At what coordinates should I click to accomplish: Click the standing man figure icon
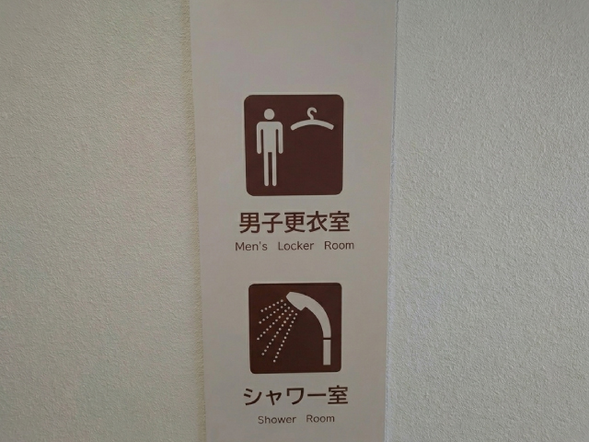point(268,147)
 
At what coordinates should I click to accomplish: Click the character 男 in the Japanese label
point(248,223)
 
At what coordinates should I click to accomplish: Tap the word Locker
point(294,246)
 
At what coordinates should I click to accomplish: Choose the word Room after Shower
point(321,419)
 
